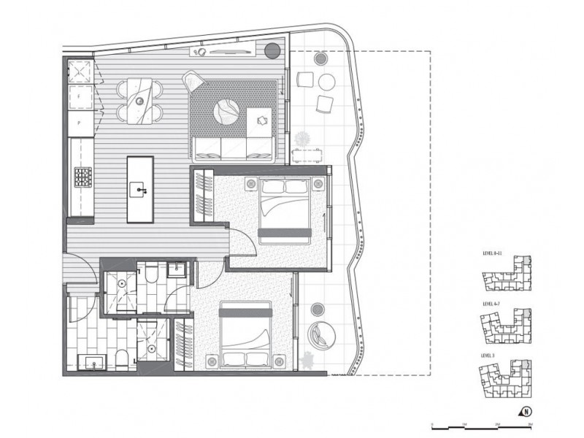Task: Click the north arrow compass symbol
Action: coord(526,410)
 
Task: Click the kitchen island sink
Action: coord(139,191)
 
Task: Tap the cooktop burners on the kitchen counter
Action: coord(82,177)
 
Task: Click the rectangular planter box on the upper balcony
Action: coord(308,154)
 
